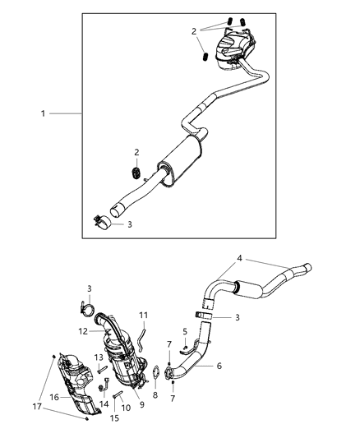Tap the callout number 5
(184, 330)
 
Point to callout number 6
(219, 366)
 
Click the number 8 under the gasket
(155, 394)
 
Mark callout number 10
(127, 408)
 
